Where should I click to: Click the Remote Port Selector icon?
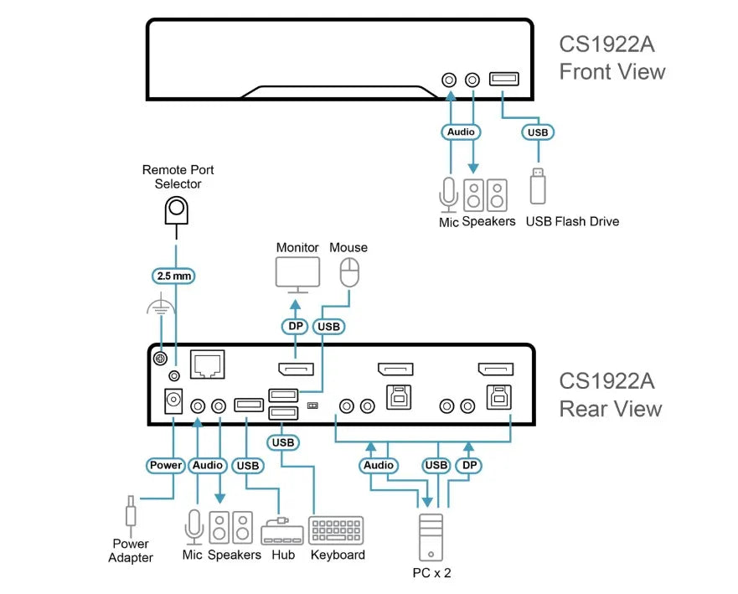pos(177,210)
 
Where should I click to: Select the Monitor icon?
pos(297,275)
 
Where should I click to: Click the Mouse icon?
pos(349,272)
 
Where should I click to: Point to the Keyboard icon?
pos(336,530)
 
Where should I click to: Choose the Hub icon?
pos(282,532)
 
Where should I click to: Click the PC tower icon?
pos(431,537)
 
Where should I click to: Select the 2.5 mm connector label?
pos(173,276)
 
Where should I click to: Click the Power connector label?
pos(166,465)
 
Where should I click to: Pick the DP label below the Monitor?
pos(295,326)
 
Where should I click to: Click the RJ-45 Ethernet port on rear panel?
pos(208,364)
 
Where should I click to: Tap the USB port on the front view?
pos(504,79)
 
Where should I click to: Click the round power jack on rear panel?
pos(173,401)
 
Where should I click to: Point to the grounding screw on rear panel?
pos(161,359)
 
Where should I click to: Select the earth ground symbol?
pos(161,304)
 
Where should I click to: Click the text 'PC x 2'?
pos(431,573)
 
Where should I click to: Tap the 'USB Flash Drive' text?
pos(572,221)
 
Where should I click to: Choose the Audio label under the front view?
pos(461,132)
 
